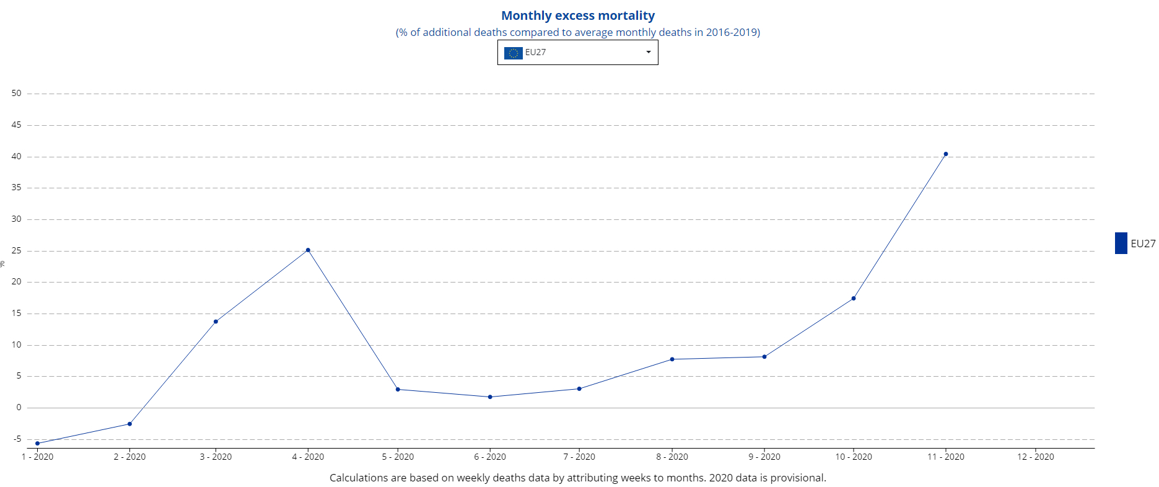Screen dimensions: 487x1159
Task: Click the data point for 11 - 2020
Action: (945, 154)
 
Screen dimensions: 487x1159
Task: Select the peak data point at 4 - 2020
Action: (308, 250)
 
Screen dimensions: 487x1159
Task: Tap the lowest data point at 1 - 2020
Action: (37, 444)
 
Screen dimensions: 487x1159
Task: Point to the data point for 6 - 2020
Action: (490, 397)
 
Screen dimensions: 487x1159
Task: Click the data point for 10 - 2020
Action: (854, 299)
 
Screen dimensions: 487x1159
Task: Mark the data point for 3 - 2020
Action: (216, 322)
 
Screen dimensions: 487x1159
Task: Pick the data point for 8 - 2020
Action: (672, 359)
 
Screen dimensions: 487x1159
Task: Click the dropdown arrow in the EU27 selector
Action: (649, 53)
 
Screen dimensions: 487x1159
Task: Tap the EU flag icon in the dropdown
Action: (513, 53)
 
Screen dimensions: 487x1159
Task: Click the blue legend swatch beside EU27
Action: (1121, 243)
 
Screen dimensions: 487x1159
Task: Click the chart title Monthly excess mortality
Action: (577, 15)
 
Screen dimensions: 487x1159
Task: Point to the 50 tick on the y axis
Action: (16, 94)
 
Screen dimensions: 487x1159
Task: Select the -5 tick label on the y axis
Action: (17, 439)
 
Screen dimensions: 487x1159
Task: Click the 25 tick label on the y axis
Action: (16, 251)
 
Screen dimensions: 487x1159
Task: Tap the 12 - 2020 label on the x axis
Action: (1035, 457)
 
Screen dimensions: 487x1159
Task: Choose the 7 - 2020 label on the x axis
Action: (579, 457)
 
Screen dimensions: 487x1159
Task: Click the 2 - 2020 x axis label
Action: (129, 457)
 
